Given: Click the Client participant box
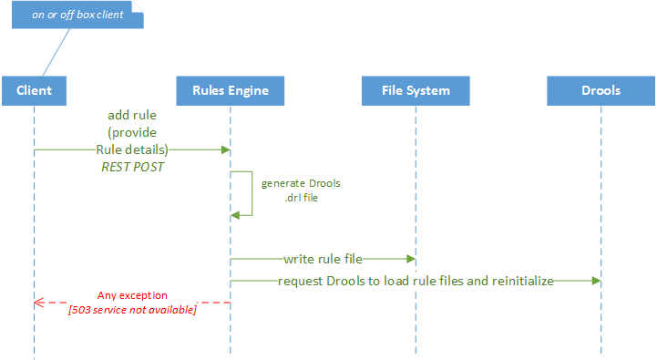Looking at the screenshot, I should pyautogui.click(x=34, y=91).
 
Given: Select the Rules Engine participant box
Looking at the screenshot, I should pyautogui.click(x=230, y=91).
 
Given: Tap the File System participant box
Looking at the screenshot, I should pyautogui.click(x=416, y=91).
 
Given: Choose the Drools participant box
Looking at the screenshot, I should pyautogui.click(x=601, y=91).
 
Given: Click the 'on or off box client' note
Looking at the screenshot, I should pyautogui.click(x=77, y=15).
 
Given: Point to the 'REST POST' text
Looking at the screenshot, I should pyautogui.click(x=131, y=167).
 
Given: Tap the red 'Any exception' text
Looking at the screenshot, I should pyautogui.click(x=132, y=296).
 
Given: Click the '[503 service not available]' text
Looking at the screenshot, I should pyautogui.click(x=132, y=311).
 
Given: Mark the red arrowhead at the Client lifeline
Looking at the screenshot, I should pyautogui.click(x=38, y=303).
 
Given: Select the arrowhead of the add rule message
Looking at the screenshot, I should pyautogui.click(x=224, y=149).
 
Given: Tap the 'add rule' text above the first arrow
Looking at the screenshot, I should pyautogui.click(x=132, y=116).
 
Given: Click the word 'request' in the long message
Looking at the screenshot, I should pyautogui.click(x=301, y=282).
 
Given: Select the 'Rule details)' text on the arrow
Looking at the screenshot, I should pyautogui.click(x=132, y=149).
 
